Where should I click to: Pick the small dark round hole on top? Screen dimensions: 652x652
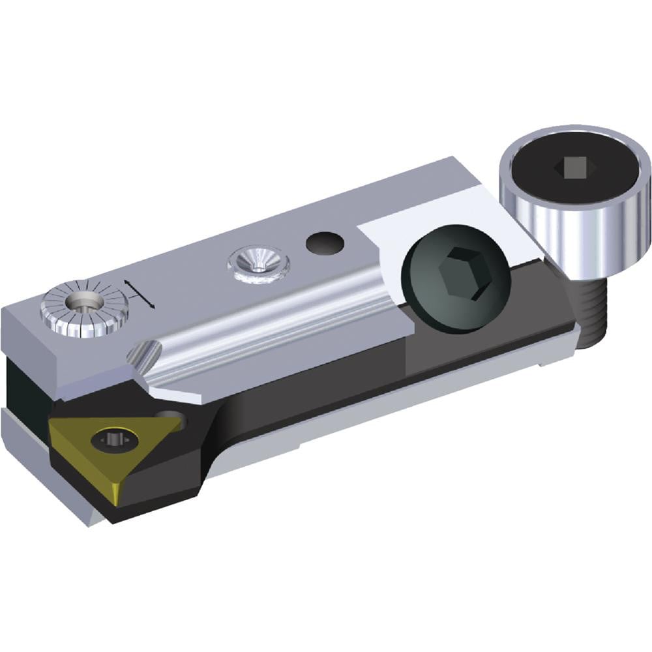(x=325, y=244)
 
